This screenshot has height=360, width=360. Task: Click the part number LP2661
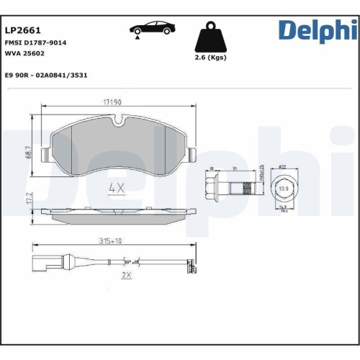click(22, 31)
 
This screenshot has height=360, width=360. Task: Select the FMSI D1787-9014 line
click(35, 43)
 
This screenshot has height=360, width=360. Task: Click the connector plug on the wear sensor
click(40, 264)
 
